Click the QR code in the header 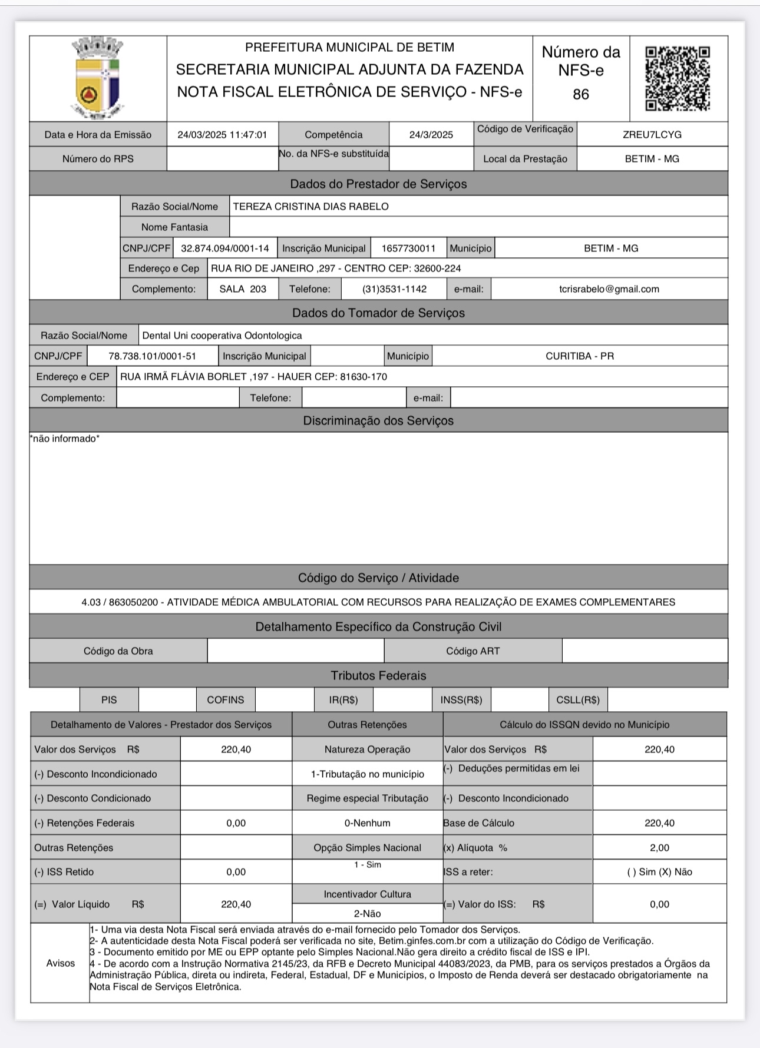(x=678, y=78)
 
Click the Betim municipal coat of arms (x=98, y=78)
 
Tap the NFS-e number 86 (x=580, y=94)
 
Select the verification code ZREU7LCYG (x=652, y=135)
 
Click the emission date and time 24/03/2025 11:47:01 (x=222, y=135)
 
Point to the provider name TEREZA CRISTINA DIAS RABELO (x=310, y=207)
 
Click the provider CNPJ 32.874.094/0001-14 (x=224, y=248)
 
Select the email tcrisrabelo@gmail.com (x=609, y=289)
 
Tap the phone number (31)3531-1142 (x=395, y=289)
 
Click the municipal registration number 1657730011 (x=408, y=248)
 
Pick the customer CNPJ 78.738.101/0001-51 (x=152, y=356)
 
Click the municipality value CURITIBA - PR (x=579, y=356)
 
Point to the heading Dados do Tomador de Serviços (x=378, y=313)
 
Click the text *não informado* (x=65, y=439)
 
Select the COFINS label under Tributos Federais (x=225, y=700)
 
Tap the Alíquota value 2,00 (x=659, y=848)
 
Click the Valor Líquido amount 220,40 (x=236, y=904)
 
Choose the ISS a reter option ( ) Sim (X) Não (x=659, y=872)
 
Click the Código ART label (x=472, y=651)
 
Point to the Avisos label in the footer (x=61, y=963)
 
